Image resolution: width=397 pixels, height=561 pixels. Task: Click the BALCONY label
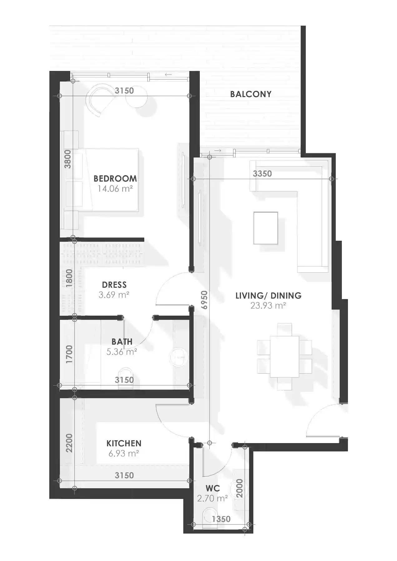coord(251,94)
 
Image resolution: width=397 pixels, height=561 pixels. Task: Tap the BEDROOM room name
coord(115,179)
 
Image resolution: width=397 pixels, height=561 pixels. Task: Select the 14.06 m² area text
coord(115,189)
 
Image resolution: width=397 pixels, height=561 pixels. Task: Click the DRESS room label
coord(114,285)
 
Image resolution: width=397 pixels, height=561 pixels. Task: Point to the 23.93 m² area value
coord(268,305)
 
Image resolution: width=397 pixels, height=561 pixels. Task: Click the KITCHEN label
coord(124,443)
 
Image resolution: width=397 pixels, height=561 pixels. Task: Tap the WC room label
coord(213,488)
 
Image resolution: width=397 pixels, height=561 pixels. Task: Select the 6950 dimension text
coord(204,300)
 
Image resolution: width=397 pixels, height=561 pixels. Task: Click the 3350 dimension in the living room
coord(262,174)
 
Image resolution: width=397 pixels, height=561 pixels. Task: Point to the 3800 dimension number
coord(68,159)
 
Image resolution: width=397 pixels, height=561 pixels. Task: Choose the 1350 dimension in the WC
coord(221,519)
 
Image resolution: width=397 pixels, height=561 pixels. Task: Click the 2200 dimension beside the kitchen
coord(69,443)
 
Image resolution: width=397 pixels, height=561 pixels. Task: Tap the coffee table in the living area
coord(266,228)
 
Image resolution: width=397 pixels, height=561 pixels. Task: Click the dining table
coord(284,357)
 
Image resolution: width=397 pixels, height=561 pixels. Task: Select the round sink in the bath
coord(179,357)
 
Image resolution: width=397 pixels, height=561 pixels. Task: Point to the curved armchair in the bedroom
coord(99,99)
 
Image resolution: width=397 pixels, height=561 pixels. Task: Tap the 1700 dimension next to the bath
coord(69,354)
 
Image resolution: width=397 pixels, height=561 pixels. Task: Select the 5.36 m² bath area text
coord(122,352)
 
